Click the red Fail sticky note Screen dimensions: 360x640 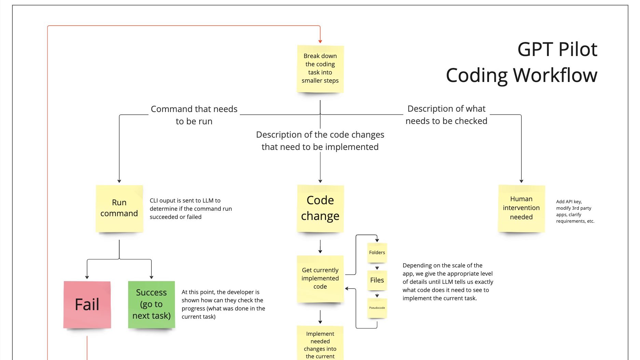(87, 304)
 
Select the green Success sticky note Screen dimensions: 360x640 (151, 304)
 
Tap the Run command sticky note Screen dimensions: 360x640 (119, 208)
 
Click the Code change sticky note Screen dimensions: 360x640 (320, 208)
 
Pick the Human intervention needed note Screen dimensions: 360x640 (521, 208)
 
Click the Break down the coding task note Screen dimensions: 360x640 (320, 68)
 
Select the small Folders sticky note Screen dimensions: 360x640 (377, 252)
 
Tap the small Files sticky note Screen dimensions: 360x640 (377, 280)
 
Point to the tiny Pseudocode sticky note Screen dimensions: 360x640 (377, 308)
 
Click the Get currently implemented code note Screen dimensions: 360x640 (320, 278)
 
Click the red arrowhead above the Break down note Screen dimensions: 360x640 (320, 41)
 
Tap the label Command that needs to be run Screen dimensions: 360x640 (194, 115)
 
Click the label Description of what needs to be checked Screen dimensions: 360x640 (446, 115)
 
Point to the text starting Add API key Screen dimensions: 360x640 (575, 211)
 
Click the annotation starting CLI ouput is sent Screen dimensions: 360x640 (191, 209)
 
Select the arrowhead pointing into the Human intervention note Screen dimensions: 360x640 (521, 181)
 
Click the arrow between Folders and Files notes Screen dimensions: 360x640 (377, 268)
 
